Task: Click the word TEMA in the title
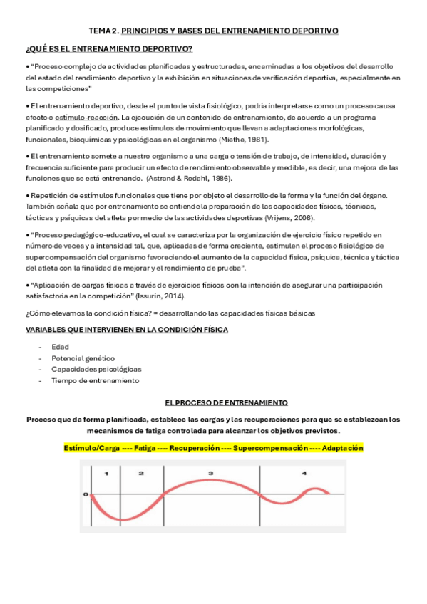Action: pyautogui.click(x=100, y=31)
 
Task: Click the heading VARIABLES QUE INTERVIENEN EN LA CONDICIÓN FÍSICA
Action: pyautogui.click(x=127, y=330)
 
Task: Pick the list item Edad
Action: pyautogui.click(x=60, y=347)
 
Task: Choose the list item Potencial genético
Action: pyautogui.click(x=83, y=358)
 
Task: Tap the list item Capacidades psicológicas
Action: pyautogui.click(x=96, y=369)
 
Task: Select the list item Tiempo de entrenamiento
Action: pyautogui.click(x=95, y=380)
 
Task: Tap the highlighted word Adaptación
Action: pyautogui.click(x=342, y=448)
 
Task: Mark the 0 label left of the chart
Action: pyautogui.click(x=86, y=494)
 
